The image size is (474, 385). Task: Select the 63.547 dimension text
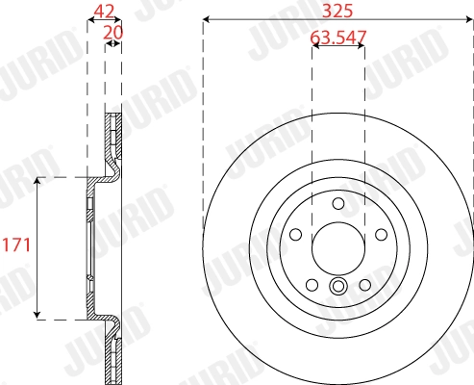[x=337, y=39]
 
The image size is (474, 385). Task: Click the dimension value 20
[x=113, y=31]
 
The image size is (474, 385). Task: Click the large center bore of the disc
[x=337, y=248]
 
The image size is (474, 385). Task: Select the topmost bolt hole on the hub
[x=337, y=203]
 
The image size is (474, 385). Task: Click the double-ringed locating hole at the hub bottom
[x=337, y=286]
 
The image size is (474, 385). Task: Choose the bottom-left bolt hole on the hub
[x=312, y=284]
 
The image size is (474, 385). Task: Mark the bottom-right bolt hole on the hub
[x=364, y=284]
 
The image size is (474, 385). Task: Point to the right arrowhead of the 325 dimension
[x=469, y=19]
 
